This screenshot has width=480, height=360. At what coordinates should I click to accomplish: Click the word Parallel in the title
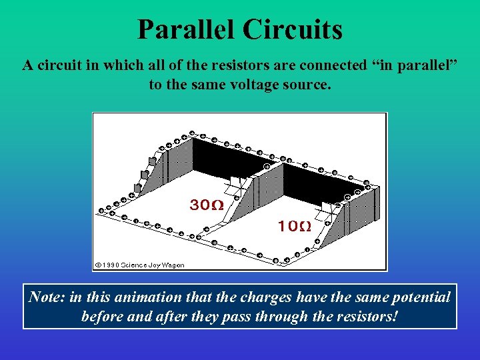[186, 30]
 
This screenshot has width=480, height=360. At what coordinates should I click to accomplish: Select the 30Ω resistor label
[207, 205]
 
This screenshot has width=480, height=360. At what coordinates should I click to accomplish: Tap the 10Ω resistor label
[294, 226]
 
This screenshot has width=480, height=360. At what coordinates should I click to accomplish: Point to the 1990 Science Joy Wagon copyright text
[140, 265]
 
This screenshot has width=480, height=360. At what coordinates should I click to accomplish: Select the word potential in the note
[415, 297]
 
